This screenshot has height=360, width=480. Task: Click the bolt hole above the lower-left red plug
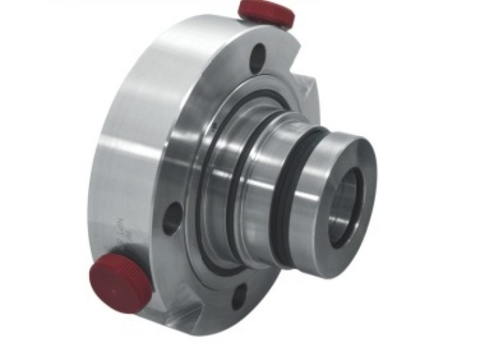[x=172, y=217]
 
